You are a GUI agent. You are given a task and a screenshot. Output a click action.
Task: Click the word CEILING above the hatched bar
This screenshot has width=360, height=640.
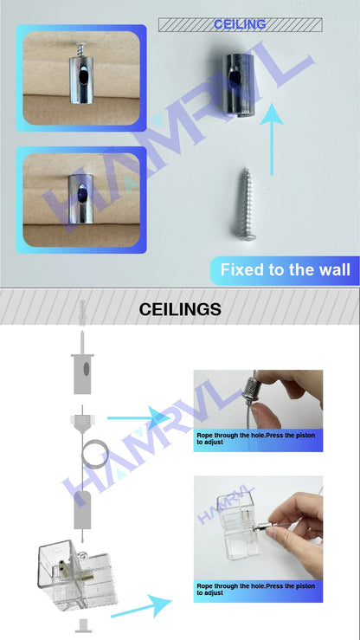coord(239,24)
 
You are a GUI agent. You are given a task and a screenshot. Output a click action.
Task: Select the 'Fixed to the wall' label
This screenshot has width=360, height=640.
coord(285,270)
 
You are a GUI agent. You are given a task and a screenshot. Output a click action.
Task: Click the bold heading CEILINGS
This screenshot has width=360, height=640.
coord(180,309)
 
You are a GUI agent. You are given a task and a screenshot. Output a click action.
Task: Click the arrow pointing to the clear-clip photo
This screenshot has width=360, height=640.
coord(143,604)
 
